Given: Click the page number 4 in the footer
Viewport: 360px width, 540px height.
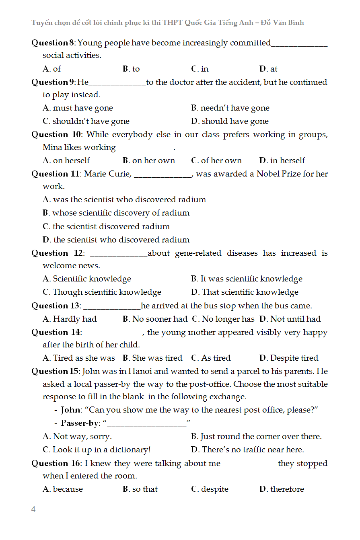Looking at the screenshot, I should click(33, 509).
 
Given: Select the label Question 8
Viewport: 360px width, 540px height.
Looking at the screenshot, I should click(53, 43).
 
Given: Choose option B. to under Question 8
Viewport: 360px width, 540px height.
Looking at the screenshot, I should click(131, 69).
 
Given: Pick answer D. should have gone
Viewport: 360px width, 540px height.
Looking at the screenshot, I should click(230, 121).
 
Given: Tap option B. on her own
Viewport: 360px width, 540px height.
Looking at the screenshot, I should click(149, 160).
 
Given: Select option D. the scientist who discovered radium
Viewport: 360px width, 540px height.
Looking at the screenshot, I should click(116, 240).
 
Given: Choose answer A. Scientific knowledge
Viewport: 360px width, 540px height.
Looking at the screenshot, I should click(87, 279).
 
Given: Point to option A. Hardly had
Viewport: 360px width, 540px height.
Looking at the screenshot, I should click(70, 319).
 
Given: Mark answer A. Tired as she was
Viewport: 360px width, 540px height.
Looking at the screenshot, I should click(78, 358).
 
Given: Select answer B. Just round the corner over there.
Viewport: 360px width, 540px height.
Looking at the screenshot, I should click(256, 436).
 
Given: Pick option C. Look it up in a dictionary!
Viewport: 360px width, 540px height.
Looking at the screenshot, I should click(97, 450).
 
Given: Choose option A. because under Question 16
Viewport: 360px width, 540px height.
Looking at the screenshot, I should click(63, 489).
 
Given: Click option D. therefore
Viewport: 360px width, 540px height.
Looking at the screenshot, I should click(282, 489).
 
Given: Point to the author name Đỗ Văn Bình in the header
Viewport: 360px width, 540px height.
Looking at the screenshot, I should click(282, 23).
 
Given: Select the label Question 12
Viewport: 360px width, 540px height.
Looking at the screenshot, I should click(57, 253).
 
